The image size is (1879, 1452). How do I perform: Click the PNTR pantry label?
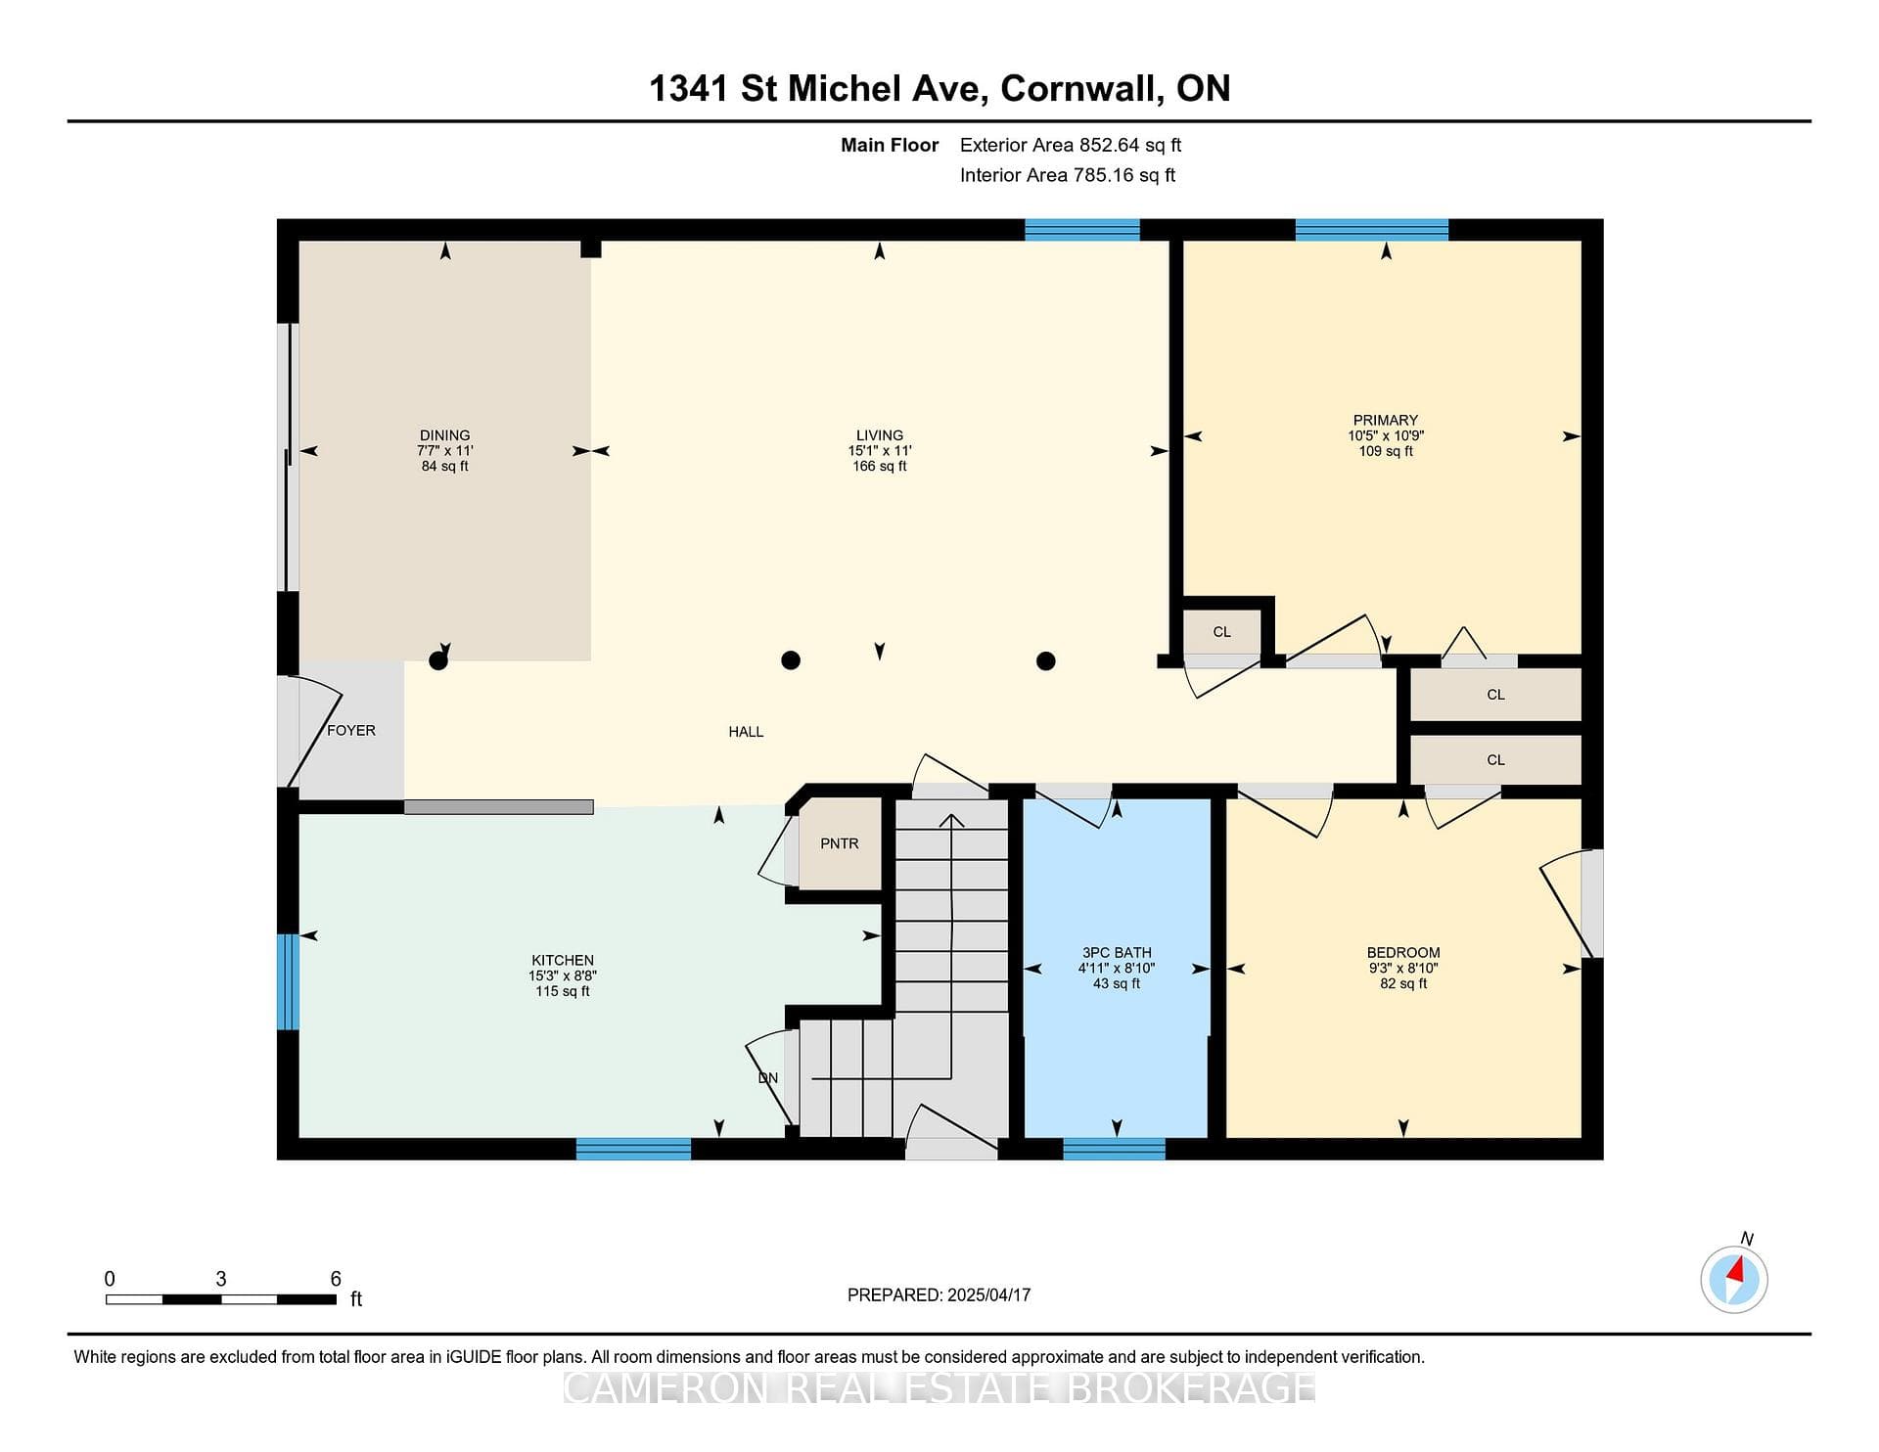pyautogui.click(x=839, y=843)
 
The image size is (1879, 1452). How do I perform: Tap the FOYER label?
pyautogui.click(x=351, y=730)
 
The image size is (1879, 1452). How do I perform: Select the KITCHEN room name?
pyautogui.click(x=563, y=960)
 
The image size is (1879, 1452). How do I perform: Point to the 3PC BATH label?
pyautogui.click(x=1117, y=952)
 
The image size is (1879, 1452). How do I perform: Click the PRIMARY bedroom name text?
pyautogui.click(x=1386, y=420)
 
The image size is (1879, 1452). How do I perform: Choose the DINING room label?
pyautogui.click(x=445, y=435)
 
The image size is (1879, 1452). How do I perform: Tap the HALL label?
pyautogui.click(x=746, y=731)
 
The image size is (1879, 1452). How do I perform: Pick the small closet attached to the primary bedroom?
pyautogui.click(x=1221, y=632)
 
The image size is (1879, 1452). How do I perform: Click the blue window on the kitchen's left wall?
pyautogui.click(x=288, y=981)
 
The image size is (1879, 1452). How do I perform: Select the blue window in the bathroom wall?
pyautogui.click(x=1114, y=1149)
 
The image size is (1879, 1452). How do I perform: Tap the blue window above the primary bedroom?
pyautogui.click(x=1372, y=230)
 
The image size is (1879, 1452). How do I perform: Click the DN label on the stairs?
pyautogui.click(x=768, y=1077)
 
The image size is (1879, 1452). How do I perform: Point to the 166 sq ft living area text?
pyautogui.click(x=880, y=467)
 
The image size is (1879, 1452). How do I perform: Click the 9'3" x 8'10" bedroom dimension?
pyautogui.click(x=1403, y=968)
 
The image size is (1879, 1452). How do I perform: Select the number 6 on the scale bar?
pyautogui.click(x=336, y=1279)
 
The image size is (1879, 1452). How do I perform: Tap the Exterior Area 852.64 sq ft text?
pyautogui.click(x=1071, y=145)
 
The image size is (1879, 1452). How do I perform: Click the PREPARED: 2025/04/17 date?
pyautogui.click(x=939, y=1294)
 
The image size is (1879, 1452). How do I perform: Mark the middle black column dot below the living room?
pyautogui.click(x=791, y=660)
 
